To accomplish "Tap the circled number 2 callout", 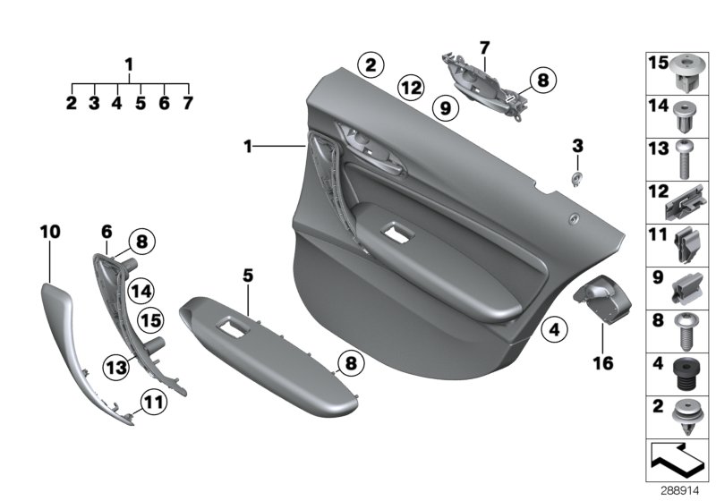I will [370, 64].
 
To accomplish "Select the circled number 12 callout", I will [411, 88].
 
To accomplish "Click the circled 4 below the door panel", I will [556, 330].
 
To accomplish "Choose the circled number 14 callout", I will [141, 289].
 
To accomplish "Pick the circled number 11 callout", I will [155, 403].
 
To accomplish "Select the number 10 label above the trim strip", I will [50, 232].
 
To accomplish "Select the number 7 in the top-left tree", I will [188, 103].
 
